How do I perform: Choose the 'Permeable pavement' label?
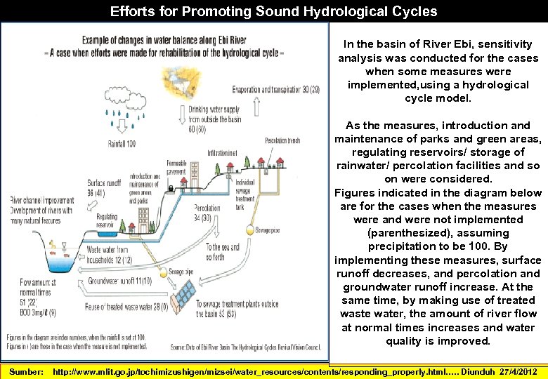[176, 168]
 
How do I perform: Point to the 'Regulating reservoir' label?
[107, 221]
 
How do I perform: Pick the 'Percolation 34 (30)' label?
[207, 213]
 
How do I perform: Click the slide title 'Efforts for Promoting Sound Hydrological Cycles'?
[273, 11]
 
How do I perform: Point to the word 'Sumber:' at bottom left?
[27, 371]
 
